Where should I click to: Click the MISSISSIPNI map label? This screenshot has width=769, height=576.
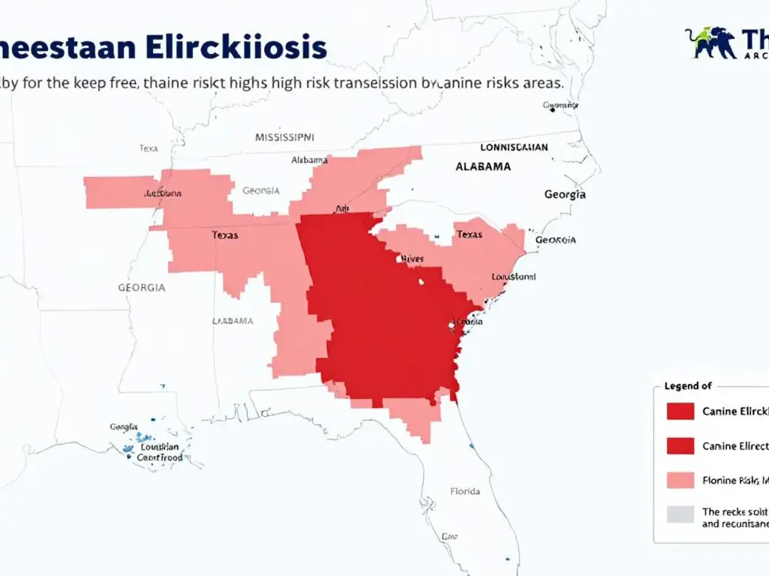285,137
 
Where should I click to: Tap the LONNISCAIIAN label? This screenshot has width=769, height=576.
514,148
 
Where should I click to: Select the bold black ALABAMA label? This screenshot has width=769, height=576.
483,166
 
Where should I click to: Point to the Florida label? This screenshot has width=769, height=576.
465,491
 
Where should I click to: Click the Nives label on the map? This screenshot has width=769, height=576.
412,259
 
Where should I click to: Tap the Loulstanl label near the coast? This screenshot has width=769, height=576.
513,277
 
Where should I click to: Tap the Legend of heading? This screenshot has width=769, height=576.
688,386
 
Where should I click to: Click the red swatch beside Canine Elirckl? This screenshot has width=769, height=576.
680,412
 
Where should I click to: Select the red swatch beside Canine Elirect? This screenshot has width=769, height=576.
680,446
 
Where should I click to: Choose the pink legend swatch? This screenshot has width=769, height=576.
680,480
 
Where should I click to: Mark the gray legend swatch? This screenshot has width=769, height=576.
680,514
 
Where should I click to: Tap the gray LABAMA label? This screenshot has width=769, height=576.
233,321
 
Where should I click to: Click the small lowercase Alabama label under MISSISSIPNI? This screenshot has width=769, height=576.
310,160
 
